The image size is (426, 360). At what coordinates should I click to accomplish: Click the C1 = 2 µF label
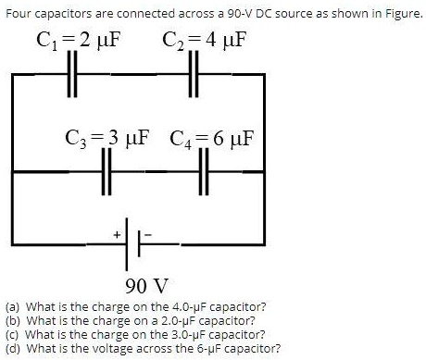click(x=79, y=41)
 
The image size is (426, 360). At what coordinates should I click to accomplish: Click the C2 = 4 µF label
click(x=206, y=41)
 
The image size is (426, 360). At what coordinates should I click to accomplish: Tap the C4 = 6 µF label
click(x=214, y=141)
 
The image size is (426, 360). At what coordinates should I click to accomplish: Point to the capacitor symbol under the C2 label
click(x=194, y=73)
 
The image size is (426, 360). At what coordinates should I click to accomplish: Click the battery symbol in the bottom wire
click(x=136, y=243)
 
